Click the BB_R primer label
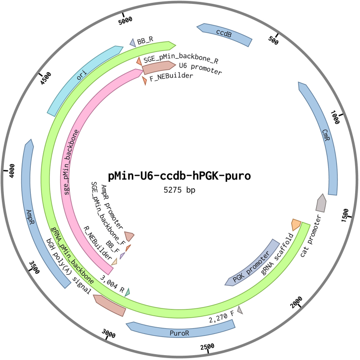pyautogui.click(x=145, y=42)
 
